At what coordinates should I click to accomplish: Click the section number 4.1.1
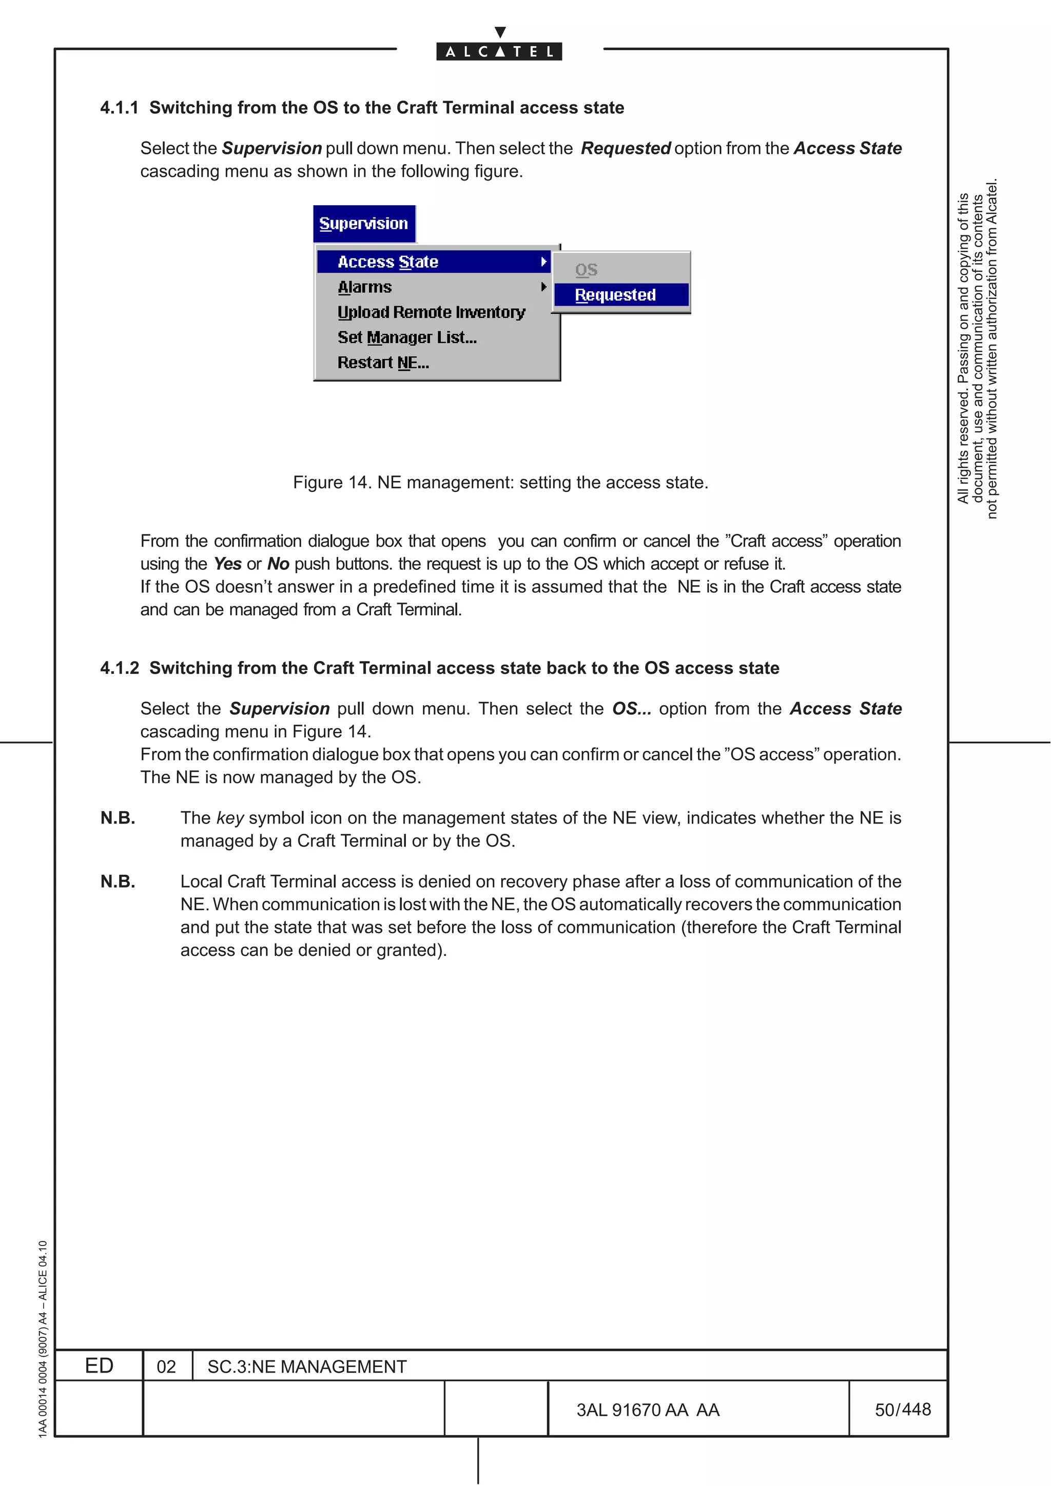[x=119, y=108]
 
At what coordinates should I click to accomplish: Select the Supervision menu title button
[x=364, y=224]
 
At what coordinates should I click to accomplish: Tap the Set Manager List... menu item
[x=406, y=337]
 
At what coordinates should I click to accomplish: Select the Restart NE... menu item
[x=383, y=363]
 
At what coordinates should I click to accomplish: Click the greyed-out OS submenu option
[x=586, y=270]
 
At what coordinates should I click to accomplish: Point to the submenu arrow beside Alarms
[x=543, y=287]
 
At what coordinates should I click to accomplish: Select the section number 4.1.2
[x=119, y=668]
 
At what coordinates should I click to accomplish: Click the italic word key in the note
[x=230, y=818]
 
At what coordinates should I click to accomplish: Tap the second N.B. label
[x=118, y=881]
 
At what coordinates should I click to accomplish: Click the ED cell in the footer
[x=99, y=1365]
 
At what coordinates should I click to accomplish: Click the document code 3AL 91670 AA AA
[x=648, y=1410]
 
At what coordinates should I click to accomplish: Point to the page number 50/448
[x=902, y=1410]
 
